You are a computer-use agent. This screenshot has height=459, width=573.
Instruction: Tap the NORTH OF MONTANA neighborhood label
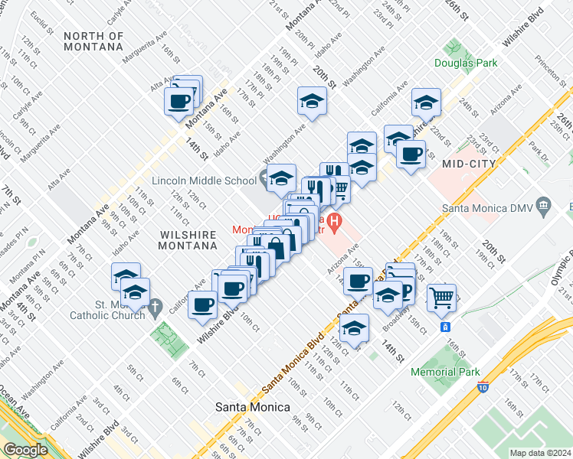tap(93, 41)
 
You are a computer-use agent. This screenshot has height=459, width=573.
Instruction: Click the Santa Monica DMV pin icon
tap(544, 205)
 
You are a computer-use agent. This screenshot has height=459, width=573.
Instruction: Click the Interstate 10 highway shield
tap(483, 388)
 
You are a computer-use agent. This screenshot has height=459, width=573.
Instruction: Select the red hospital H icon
tap(334, 223)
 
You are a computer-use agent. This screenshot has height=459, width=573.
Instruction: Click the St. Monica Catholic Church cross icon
tap(155, 308)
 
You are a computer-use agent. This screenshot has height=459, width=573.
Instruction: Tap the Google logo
tap(25, 450)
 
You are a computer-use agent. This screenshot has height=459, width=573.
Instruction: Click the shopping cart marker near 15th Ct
tap(441, 297)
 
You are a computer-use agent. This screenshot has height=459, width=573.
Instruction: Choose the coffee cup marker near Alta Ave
tap(179, 100)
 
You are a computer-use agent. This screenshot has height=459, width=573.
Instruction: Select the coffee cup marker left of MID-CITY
tap(411, 154)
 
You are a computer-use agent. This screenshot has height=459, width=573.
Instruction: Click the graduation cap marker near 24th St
tap(426, 102)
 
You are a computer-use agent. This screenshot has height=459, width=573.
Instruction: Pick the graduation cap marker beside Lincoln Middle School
tap(281, 177)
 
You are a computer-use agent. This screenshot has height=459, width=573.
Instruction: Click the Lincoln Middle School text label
tap(204, 181)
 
